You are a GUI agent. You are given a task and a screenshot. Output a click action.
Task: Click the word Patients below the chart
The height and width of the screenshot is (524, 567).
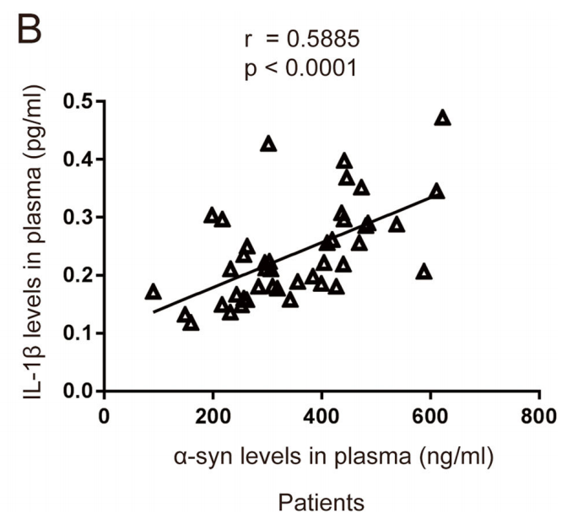pos(321,503)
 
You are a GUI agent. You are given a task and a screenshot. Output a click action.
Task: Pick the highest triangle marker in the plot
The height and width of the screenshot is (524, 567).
pos(442,118)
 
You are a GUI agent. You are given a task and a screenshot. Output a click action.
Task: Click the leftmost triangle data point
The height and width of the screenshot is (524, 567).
pos(153,292)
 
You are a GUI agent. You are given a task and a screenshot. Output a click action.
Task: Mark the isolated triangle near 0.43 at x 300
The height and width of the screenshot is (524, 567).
pos(268,144)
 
